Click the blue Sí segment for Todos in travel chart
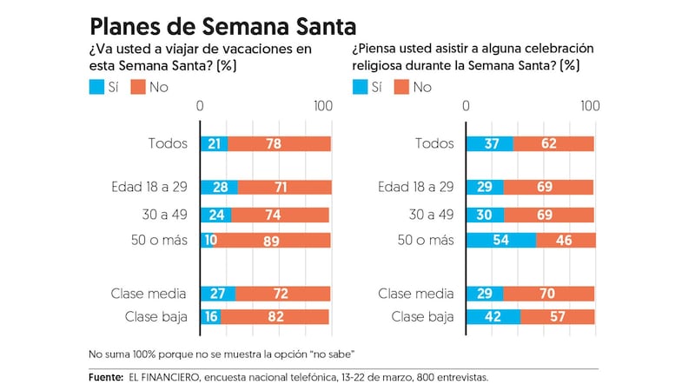[215, 144]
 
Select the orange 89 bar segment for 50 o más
[272, 241]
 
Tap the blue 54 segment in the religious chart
[501, 241]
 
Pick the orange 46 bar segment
[566, 241]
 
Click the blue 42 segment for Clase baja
[493, 317]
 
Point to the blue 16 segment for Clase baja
[210, 317]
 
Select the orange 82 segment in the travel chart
[275, 317]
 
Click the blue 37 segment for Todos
[490, 144]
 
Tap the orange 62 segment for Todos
[553, 144]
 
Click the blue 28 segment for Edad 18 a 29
[219, 187]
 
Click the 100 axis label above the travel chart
[323, 106]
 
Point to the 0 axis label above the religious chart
[467, 106]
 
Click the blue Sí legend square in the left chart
[96, 86]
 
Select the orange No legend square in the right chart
[400, 86]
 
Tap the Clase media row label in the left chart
[149, 294]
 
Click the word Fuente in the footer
[106, 378]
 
